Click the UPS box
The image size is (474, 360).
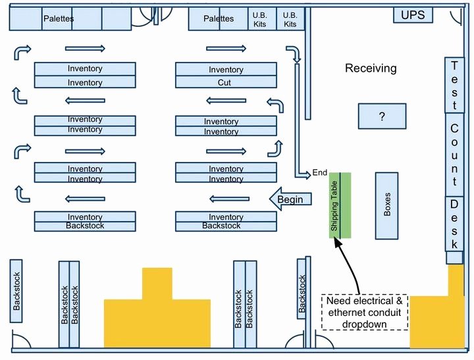[413, 15]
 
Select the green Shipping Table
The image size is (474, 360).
[340, 205]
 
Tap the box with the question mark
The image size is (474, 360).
[382, 116]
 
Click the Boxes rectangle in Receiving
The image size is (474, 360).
[386, 206]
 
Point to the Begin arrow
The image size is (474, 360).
[290, 199]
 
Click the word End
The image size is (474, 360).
[320, 172]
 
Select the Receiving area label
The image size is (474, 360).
[371, 68]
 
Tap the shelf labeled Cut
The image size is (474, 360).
[226, 82]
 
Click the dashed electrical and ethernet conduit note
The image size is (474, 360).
[365, 312]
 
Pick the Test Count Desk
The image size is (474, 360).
[454, 154]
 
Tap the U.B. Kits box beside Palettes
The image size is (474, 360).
[259, 19]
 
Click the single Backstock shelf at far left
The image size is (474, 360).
[16, 291]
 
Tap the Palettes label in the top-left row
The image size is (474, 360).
[59, 18]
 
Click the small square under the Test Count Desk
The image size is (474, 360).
[454, 257]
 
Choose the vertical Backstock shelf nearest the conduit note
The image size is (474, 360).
[302, 289]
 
